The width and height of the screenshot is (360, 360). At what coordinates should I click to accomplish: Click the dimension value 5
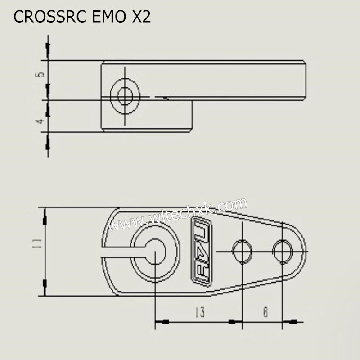pyautogui.click(x=40, y=74)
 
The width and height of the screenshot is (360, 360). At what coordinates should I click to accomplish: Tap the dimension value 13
pyautogui.click(x=200, y=312)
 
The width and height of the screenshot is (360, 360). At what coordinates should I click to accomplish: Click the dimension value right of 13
pyautogui.click(x=265, y=312)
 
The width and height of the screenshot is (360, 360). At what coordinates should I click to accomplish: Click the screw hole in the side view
pyautogui.click(x=125, y=96)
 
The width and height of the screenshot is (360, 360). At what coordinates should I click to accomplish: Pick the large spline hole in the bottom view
pyautogui.click(x=155, y=252)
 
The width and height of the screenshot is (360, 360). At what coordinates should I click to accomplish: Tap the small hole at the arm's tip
pyautogui.click(x=283, y=251)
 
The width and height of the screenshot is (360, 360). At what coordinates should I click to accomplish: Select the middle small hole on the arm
pyautogui.click(x=242, y=251)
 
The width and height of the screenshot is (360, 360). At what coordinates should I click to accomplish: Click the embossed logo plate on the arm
pyautogui.click(x=201, y=252)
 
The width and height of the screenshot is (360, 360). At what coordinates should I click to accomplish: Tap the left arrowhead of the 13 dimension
pyautogui.click(x=164, y=322)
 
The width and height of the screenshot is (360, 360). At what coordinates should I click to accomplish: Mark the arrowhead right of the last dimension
pyautogui.click(x=292, y=322)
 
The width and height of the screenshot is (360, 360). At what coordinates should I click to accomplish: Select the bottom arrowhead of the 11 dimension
pyautogui.click(x=45, y=283)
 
